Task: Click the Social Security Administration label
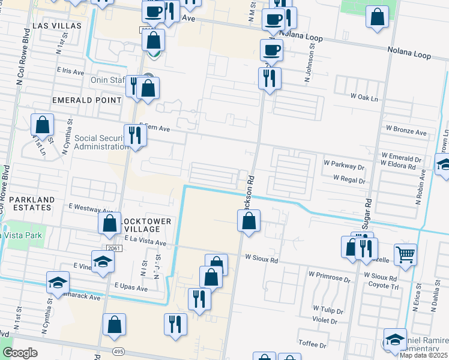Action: pyautogui.click(x=92, y=142)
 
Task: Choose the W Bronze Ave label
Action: pyautogui.click(x=406, y=131)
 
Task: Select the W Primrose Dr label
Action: pyautogui.click(x=329, y=277)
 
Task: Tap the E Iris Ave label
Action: pyautogui.click(x=70, y=71)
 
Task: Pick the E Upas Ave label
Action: pyautogui.click(x=130, y=288)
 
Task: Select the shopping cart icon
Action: pyautogui.click(x=406, y=254)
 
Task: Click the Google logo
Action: pyautogui.click(x=20, y=353)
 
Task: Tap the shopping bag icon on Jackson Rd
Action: pyautogui.click(x=249, y=221)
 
